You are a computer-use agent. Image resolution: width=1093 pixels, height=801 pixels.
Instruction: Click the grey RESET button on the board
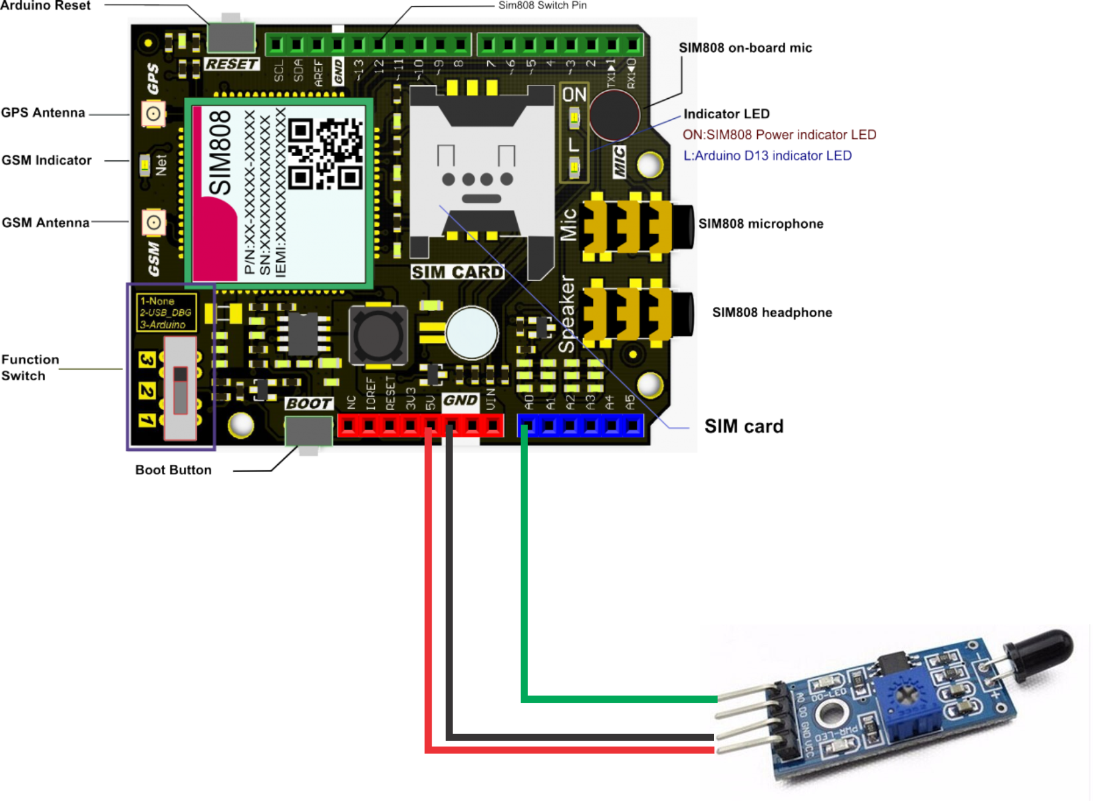pyautogui.click(x=231, y=37)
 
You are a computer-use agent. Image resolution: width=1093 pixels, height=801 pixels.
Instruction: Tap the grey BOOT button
pyautogui.click(x=308, y=431)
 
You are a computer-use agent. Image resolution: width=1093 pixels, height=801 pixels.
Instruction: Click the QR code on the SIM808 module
pyautogui.click(x=325, y=154)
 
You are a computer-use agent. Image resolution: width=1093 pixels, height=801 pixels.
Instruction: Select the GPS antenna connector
pyautogui.click(x=153, y=113)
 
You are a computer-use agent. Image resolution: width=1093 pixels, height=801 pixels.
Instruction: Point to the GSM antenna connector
pyautogui.click(x=153, y=222)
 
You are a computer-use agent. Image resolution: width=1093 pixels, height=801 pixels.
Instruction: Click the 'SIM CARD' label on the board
pyautogui.click(x=457, y=272)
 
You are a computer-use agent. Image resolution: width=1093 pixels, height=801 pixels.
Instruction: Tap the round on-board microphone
pyautogui.click(x=614, y=115)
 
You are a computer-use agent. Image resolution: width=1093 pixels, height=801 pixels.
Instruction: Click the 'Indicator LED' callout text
pyautogui.click(x=726, y=114)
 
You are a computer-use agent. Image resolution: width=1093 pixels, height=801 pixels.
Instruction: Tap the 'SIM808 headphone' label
pyautogui.click(x=772, y=312)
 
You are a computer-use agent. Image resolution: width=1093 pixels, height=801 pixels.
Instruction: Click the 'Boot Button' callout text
pyautogui.click(x=173, y=470)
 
